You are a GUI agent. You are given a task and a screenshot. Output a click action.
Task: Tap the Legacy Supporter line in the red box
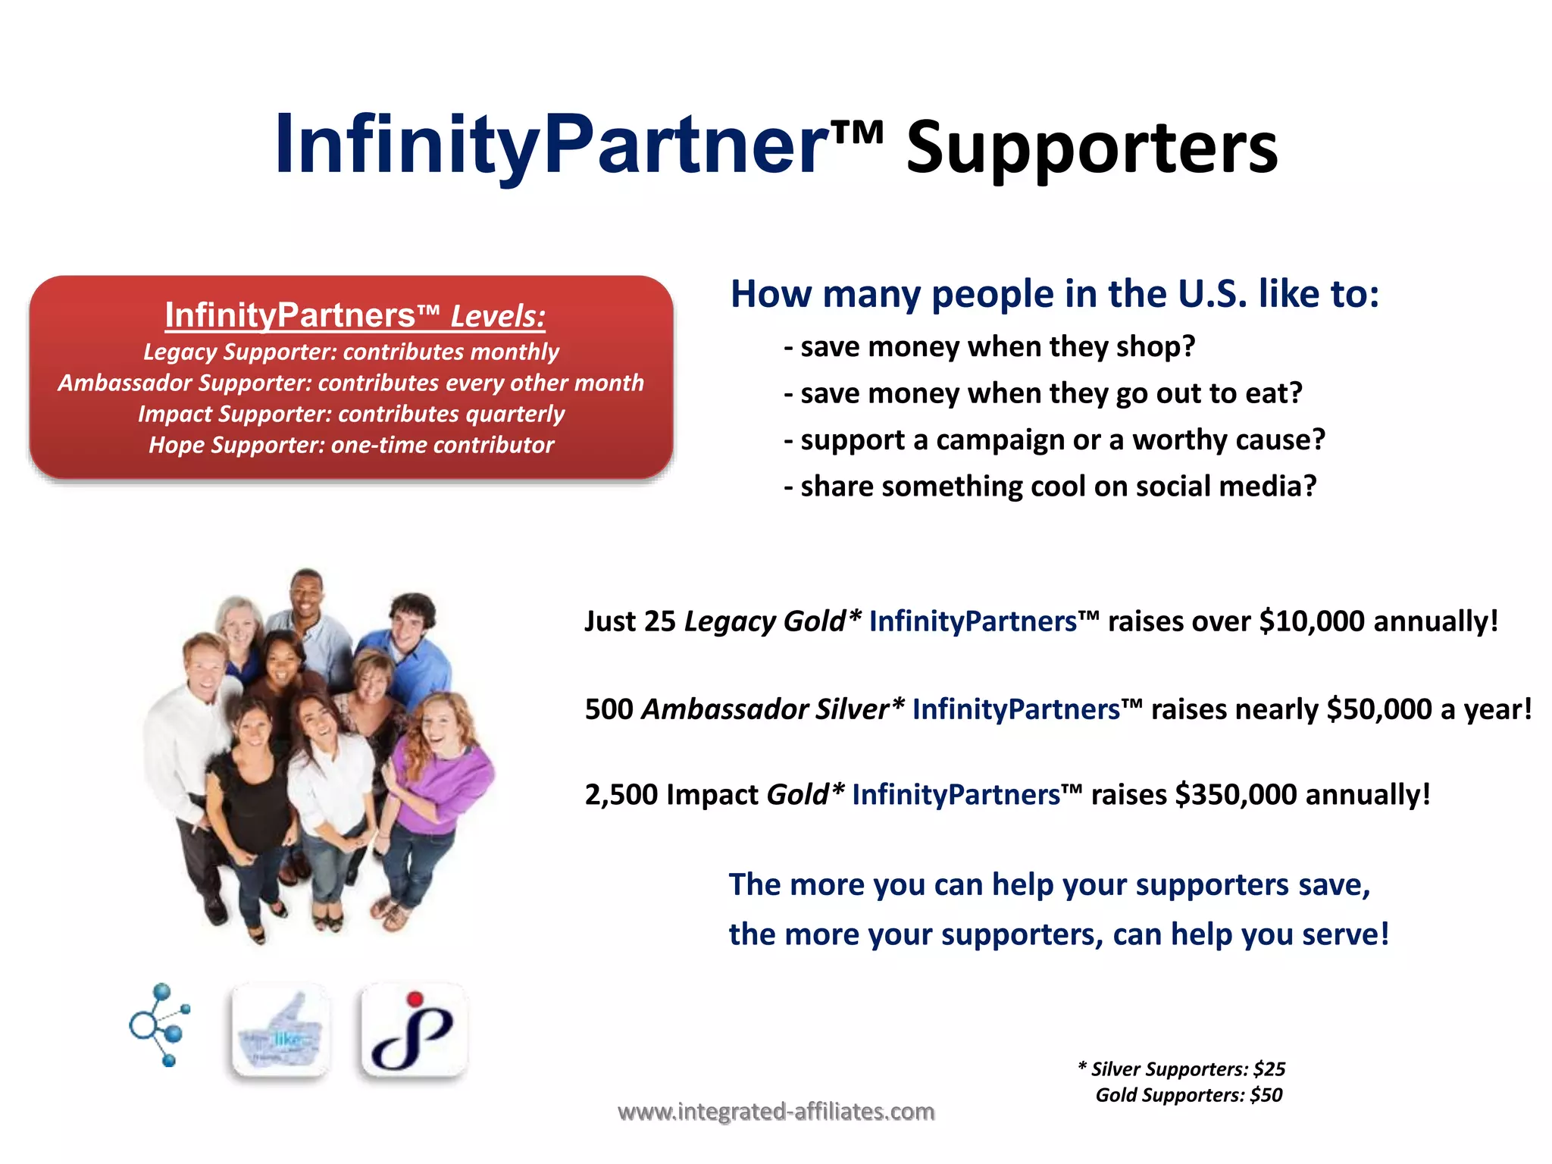point(351,352)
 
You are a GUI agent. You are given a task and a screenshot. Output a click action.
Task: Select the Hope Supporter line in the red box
point(351,445)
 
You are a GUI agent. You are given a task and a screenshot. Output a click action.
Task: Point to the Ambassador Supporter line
point(351,383)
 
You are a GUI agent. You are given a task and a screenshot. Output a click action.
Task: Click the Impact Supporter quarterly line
point(351,414)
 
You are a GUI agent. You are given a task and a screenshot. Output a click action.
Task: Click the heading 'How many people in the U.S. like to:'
point(1054,294)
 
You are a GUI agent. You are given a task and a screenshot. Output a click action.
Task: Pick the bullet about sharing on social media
point(1050,487)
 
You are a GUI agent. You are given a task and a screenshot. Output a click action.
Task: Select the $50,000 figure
point(1379,709)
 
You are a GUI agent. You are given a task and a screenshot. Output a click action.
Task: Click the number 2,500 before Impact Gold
point(621,795)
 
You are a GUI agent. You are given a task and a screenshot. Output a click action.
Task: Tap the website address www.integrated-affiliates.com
point(776,1112)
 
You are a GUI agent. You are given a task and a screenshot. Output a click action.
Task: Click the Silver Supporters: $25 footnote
point(1182,1069)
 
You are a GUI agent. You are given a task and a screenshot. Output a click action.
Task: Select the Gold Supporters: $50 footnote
point(1188,1095)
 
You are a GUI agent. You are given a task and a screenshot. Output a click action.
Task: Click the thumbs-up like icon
point(280,1031)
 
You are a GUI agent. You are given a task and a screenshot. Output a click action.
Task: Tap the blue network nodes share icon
point(160,1025)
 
